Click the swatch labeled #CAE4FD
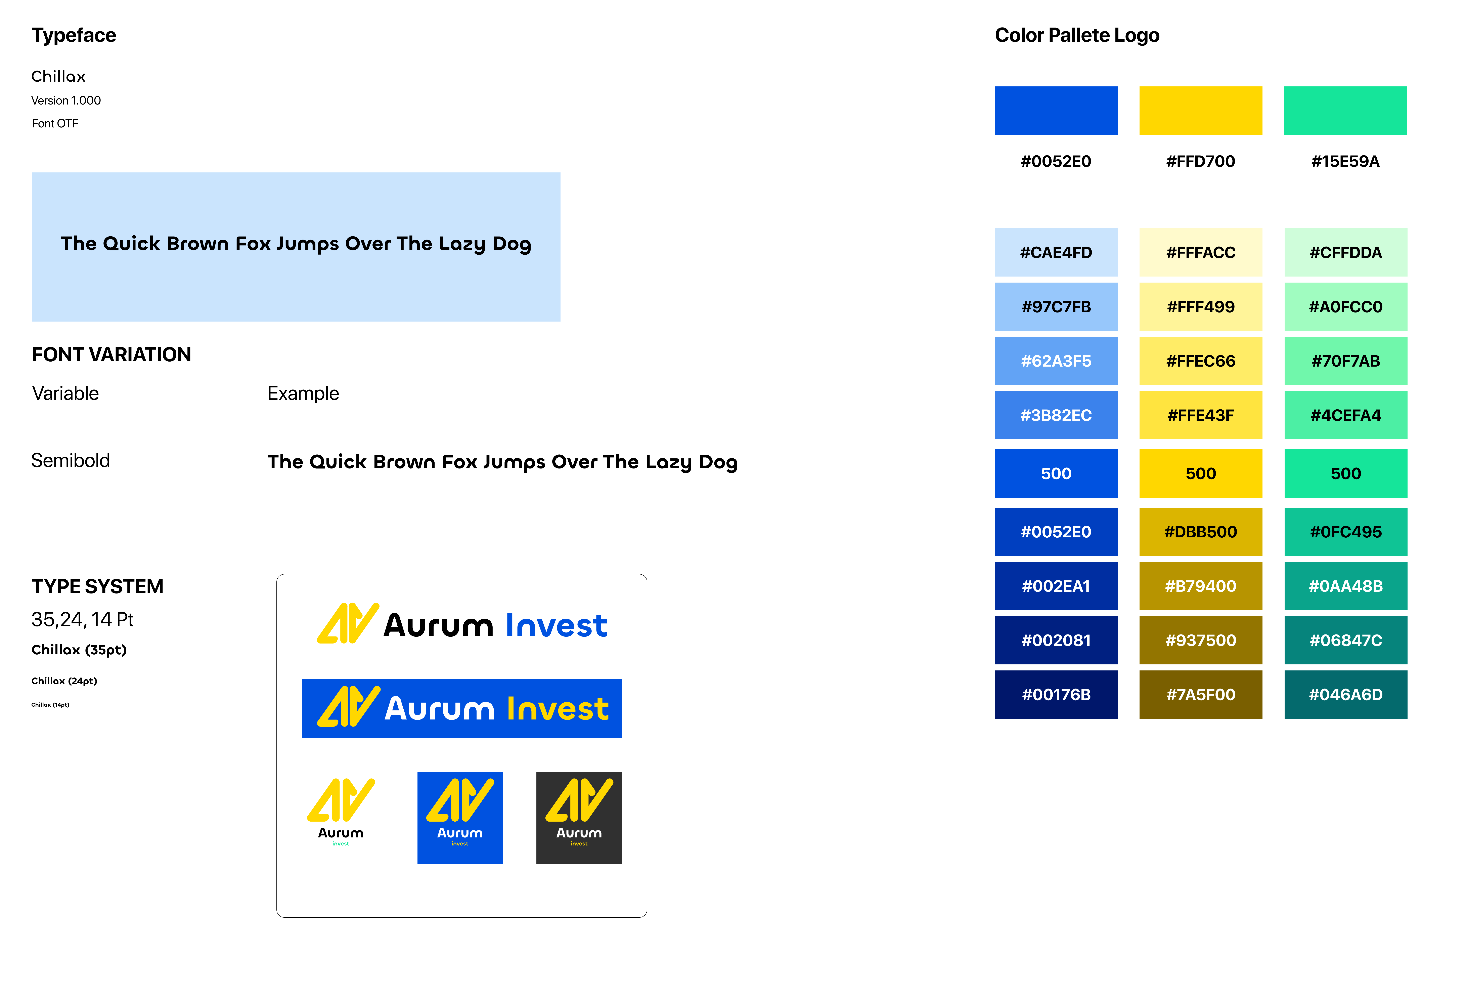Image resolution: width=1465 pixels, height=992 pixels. tap(1056, 252)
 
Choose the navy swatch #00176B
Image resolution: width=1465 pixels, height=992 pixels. tap(1056, 694)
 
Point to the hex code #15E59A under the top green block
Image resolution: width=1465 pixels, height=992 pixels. tap(1345, 161)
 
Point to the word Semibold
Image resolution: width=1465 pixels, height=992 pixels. tap(71, 460)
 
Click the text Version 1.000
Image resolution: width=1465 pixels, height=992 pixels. tap(66, 100)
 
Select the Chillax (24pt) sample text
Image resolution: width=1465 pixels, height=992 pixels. tap(64, 681)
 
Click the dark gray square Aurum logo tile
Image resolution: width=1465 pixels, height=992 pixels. tap(579, 818)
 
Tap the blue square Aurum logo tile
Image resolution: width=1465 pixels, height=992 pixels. tap(459, 818)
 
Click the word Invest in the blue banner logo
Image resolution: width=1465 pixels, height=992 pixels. tap(558, 709)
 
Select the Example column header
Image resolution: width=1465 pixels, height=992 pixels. tap(303, 394)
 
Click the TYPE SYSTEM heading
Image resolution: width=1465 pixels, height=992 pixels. tap(98, 586)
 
